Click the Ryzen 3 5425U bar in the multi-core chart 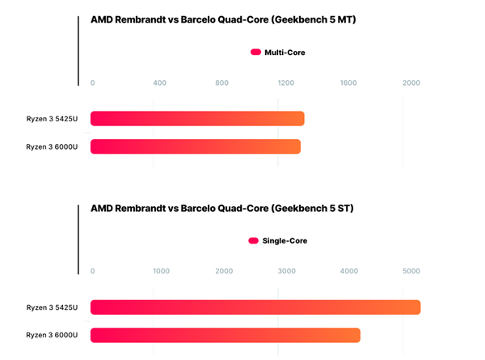(197, 119)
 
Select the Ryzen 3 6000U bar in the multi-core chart (196, 146)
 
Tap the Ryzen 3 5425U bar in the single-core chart (255, 307)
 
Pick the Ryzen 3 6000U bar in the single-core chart (226, 335)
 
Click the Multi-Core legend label (285, 53)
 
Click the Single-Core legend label (285, 240)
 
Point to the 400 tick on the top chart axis (159, 83)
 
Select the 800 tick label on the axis (222, 83)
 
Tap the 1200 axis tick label (285, 83)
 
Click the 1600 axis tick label (348, 83)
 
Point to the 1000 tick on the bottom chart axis (161, 271)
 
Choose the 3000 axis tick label (287, 271)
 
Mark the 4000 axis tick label (349, 271)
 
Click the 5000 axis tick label (411, 271)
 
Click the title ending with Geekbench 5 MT (223, 20)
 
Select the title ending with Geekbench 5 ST (221, 208)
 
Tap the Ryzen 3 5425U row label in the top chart (52, 119)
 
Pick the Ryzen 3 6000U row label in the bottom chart (52, 335)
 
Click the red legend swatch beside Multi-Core (255, 53)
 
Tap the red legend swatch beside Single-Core (253, 240)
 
